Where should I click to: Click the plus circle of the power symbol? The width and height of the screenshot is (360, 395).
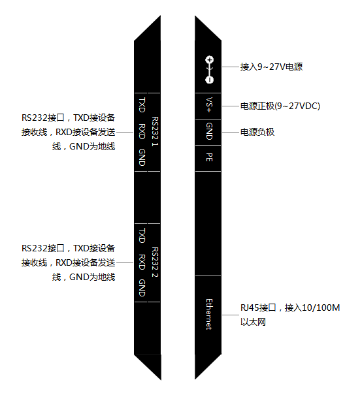[x=210, y=59]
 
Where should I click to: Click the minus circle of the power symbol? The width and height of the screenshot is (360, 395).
[x=210, y=80]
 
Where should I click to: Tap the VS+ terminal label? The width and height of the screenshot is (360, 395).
[x=209, y=105]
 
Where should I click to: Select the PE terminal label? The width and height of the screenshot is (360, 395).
[x=209, y=157]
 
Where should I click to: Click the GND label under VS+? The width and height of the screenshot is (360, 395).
[x=209, y=131]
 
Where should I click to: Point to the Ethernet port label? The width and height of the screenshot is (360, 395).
[x=209, y=315]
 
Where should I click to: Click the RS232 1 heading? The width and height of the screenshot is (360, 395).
[x=155, y=131]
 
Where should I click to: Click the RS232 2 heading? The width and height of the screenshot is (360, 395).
[x=155, y=262]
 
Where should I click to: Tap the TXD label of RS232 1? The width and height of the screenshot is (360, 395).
[x=142, y=105]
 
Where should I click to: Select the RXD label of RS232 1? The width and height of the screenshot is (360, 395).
[x=142, y=131]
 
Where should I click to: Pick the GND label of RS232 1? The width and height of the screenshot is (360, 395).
[x=142, y=157]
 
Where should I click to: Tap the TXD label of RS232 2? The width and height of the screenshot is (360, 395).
[x=142, y=236]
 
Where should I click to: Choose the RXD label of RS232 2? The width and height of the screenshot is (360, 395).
[x=142, y=262]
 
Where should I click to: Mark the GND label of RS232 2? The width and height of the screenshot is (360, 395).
[x=142, y=288]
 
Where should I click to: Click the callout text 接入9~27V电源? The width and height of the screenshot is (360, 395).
[x=271, y=67]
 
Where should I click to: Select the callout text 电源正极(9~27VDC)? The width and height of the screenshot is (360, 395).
[x=280, y=106]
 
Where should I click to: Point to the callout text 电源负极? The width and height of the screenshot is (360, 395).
[x=257, y=132]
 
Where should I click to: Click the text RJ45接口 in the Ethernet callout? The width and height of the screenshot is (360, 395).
[x=258, y=308]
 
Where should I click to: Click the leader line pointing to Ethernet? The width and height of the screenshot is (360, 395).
[x=231, y=315]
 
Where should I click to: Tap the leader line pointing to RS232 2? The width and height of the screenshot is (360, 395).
[x=125, y=262]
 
